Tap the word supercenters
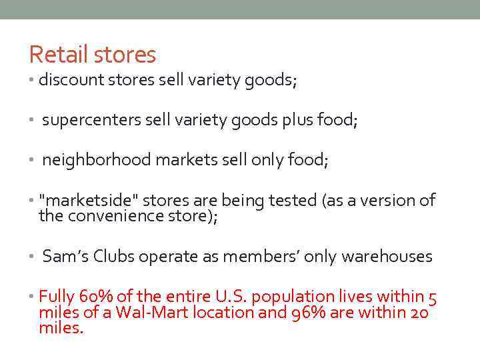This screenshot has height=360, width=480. [89, 121]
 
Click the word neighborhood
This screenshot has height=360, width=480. [93, 161]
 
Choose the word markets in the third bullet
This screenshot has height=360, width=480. [189, 161]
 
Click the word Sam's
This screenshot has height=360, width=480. [65, 257]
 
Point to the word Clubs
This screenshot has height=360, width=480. [115, 257]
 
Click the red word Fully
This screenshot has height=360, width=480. [57, 297]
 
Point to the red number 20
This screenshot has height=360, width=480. [419, 313]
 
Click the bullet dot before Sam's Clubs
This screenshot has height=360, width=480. [31, 257]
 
